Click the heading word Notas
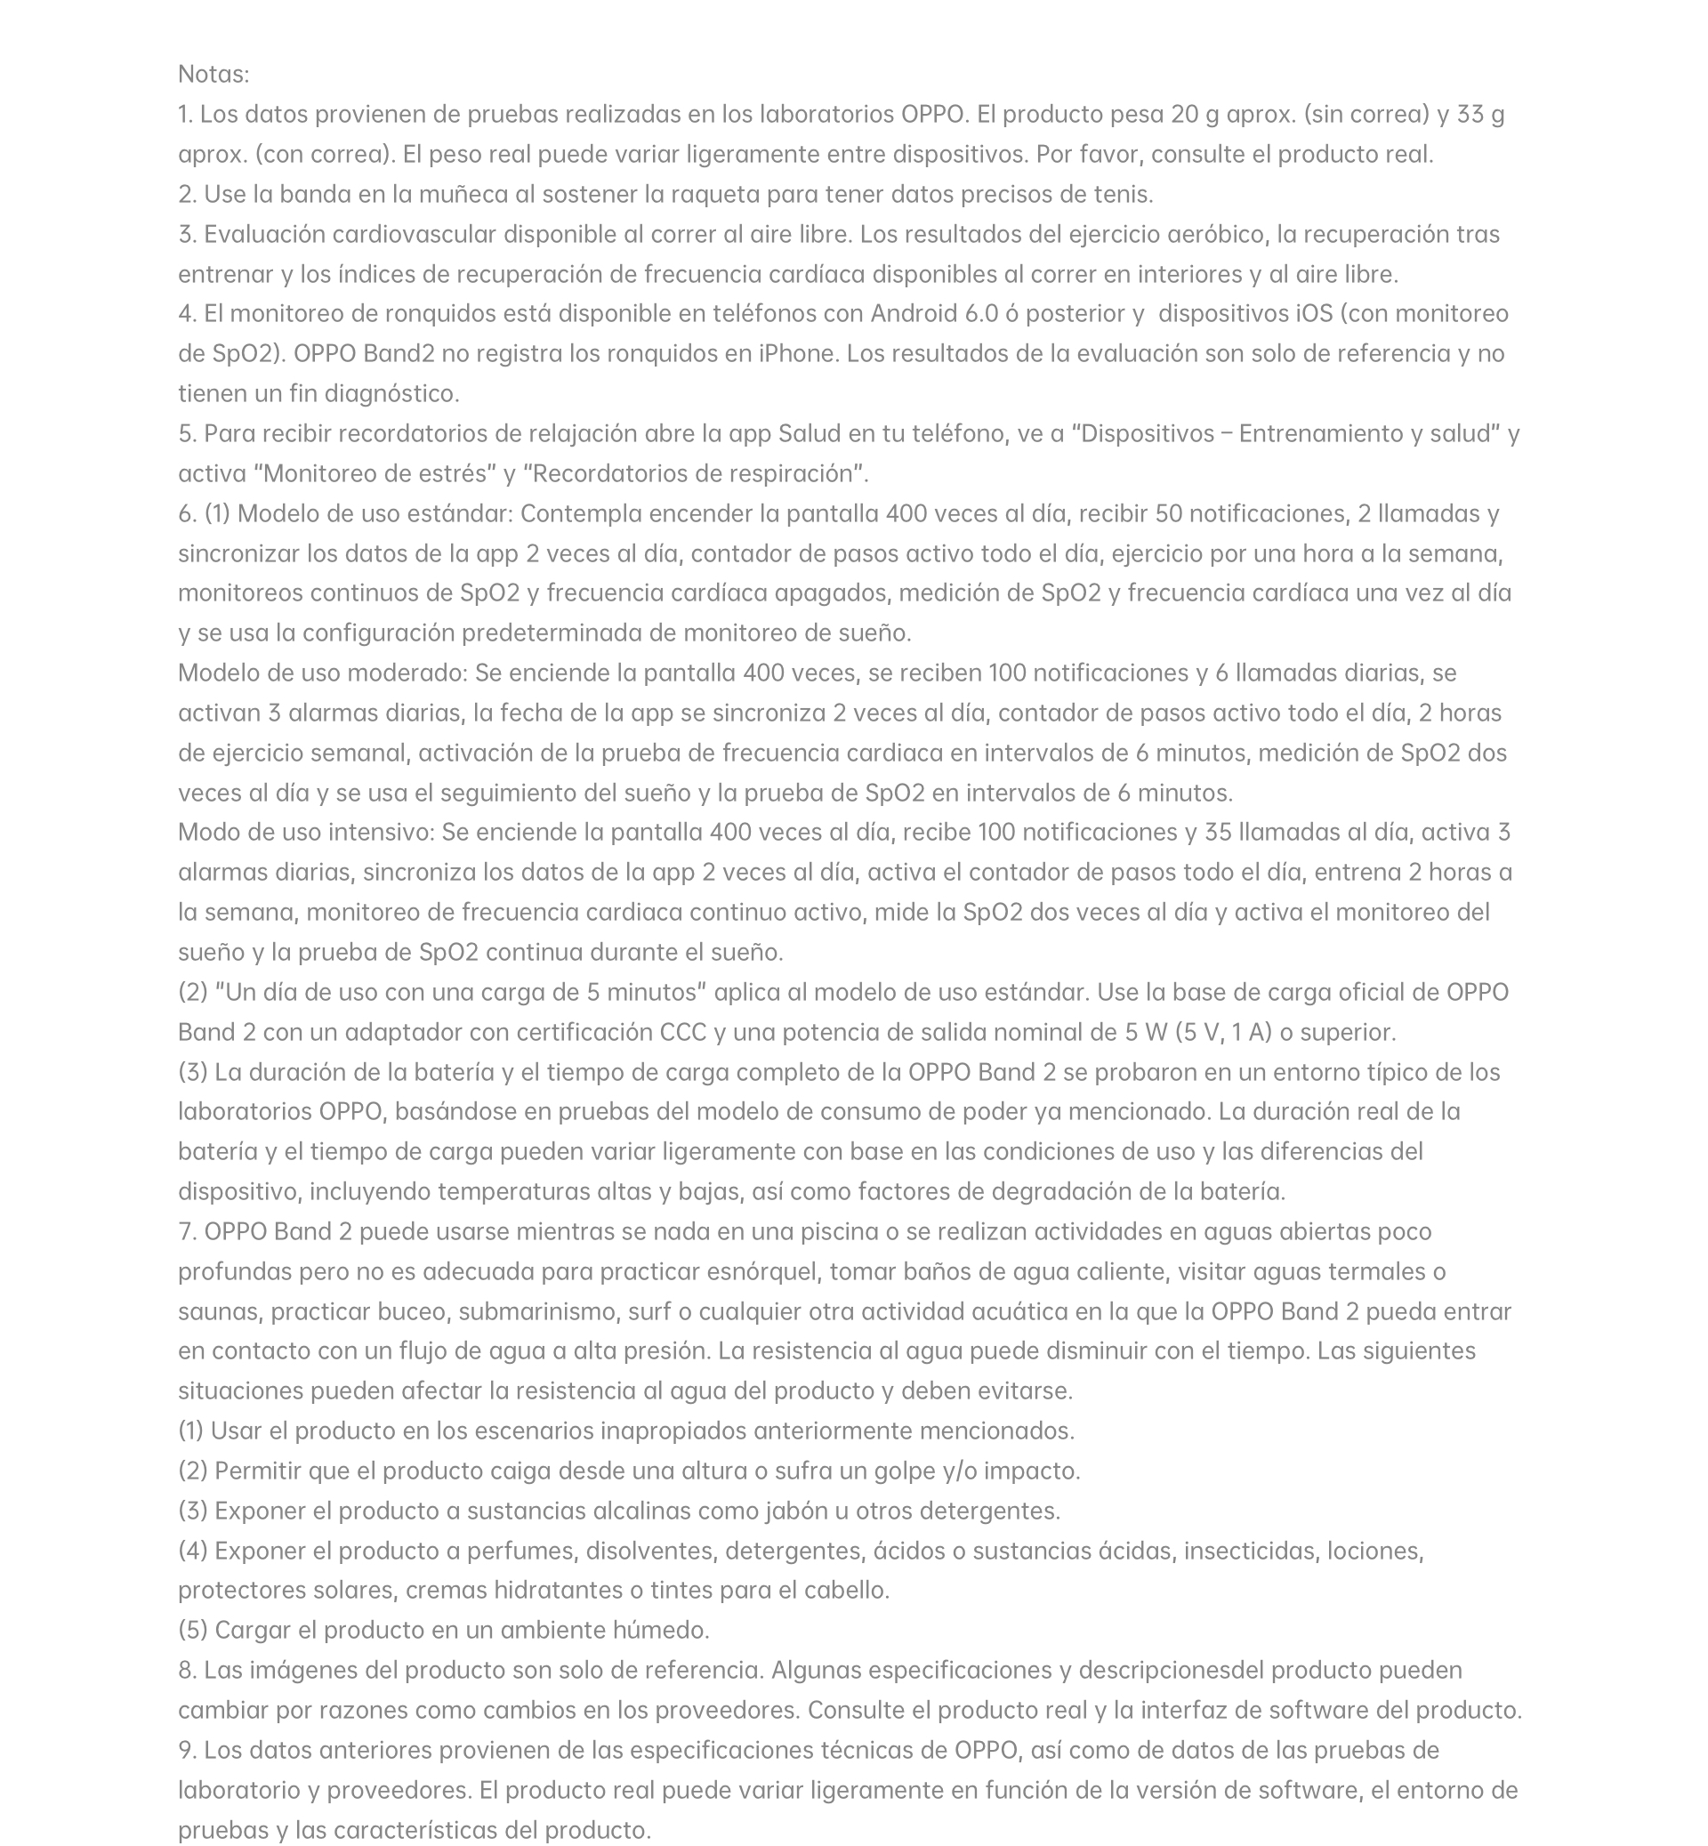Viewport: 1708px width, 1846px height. point(213,74)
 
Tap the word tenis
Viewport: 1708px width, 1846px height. point(1123,194)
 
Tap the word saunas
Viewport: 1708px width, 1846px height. point(220,1310)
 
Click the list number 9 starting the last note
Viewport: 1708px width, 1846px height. point(186,1750)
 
